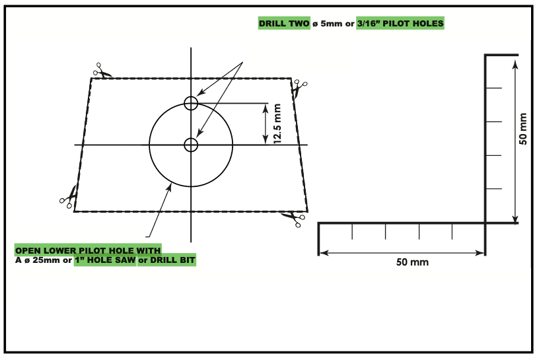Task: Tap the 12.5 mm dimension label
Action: point(277,124)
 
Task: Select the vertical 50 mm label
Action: point(522,129)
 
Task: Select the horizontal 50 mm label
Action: point(412,262)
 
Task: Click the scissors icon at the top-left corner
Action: point(102,70)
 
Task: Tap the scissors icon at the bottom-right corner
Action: point(293,219)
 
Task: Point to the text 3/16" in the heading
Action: point(369,23)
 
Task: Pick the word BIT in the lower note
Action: point(188,260)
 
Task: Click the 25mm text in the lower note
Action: point(46,260)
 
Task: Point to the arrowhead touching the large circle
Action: point(170,187)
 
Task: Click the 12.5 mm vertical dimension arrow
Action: point(266,124)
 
